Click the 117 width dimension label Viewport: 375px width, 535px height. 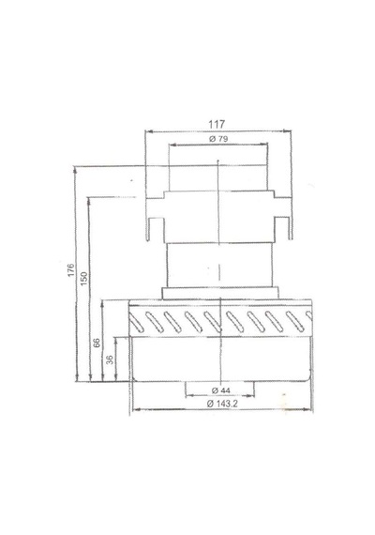point(217,124)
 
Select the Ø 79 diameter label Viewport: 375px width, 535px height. point(218,139)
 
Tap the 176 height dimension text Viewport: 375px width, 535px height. point(70,270)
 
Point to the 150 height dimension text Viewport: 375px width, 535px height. point(83,279)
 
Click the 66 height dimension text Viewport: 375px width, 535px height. point(97,343)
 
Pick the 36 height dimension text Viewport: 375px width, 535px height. point(110,359)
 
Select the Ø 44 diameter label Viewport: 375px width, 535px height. point(221,390)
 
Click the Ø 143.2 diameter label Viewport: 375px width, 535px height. point(222,404)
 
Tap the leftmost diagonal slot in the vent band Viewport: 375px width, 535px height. point(136,323)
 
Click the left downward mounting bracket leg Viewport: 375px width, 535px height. point(149,230)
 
